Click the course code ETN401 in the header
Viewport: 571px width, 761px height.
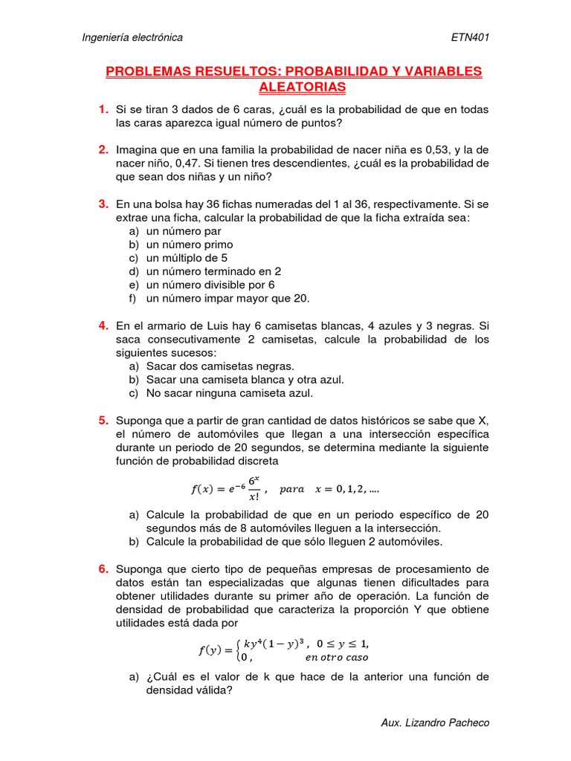(x=470, y=37)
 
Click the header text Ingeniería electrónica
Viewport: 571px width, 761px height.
(x=132, y=37)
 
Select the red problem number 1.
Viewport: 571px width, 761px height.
(x=103, y=109)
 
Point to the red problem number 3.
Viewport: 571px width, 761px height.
(x=103, y=203)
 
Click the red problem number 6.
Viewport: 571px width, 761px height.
(x=103, y=569)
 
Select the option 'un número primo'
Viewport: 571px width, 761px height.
(x=190, y=245)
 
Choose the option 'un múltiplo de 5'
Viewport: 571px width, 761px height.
(x=187, y=258)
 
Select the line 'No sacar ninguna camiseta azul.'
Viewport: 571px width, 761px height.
(x=230, y=393)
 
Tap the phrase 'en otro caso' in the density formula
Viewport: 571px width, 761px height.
(x=336, y=657)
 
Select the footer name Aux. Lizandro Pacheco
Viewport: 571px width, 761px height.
(x=434, y=722)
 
